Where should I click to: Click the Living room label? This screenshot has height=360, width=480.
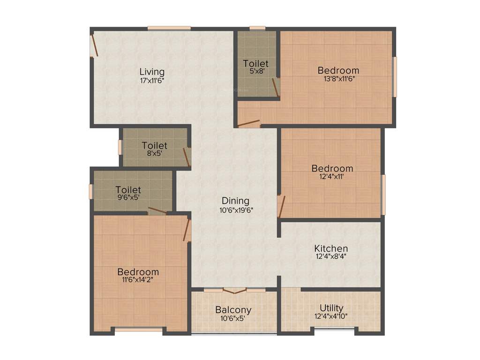(x=152, y=72)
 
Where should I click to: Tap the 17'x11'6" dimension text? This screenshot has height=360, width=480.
(x=152, y=80)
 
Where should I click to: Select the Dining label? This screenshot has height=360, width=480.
(x=235, y=201)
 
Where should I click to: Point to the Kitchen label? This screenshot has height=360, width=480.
(x=331, y=248)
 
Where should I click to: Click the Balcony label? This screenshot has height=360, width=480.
(x=233, y=310)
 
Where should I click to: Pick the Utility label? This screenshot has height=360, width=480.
(x=331, y=308)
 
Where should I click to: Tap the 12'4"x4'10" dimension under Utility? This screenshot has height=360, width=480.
(x=331, y=316)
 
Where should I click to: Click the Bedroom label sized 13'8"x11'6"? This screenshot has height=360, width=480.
(x=338, y=70)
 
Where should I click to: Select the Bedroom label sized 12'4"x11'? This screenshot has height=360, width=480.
(x=332, y=168)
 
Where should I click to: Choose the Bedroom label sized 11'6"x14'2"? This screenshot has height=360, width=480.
(x=138, y=272)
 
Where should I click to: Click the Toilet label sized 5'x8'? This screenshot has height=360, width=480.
(x=255, y=63)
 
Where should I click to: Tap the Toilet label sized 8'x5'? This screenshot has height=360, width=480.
(x=154, y=146)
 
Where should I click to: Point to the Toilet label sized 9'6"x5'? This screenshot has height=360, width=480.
(x=128, y=190)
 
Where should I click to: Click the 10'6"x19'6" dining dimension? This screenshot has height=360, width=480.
(x=235, y=210)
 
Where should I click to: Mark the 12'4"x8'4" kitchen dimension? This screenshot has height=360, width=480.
(x=331, y=256)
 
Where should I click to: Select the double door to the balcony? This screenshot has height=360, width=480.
(x=234, y=291)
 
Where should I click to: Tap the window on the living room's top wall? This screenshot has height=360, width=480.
(x=169, y=28)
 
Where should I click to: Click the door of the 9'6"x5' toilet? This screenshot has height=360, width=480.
(x=157, y=211)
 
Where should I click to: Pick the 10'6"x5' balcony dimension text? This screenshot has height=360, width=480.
(x=233, y=318)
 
